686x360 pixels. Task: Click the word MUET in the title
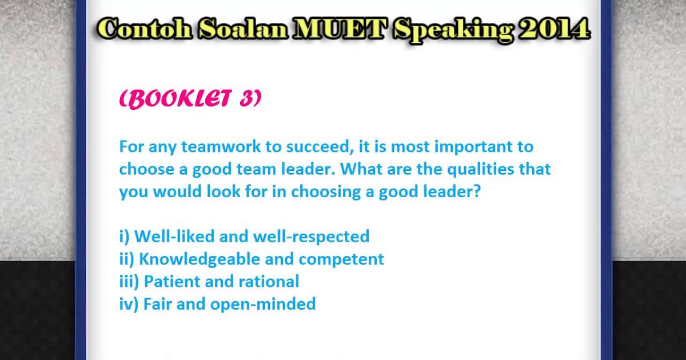click(x=339, y=29)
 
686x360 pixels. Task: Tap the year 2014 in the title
click(x=555, y=29)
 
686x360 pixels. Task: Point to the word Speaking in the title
click(x=453, y=31)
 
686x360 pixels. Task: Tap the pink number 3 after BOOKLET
click(x=246, y=98)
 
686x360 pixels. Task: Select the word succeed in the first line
click(x=318, y=147)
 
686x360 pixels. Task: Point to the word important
click(x=473, y=147)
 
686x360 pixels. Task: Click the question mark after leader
click(x=477, y=191)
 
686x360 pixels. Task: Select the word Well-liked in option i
click(x=174, y=236)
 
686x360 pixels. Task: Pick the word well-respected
click(x=311, y=237)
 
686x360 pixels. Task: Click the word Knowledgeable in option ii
click(x=200, y=259)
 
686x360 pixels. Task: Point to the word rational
click(x=269, y=281)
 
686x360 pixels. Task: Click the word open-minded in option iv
click(x=263, y=304)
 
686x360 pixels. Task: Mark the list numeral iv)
click(x=129, y=304)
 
